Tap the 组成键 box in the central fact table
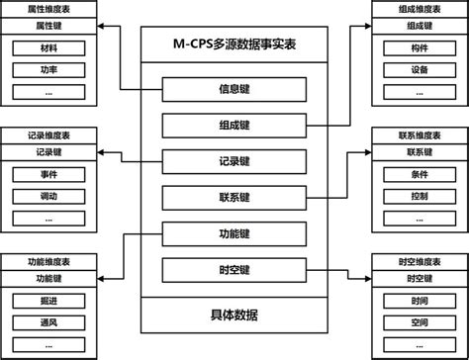click(234, 126)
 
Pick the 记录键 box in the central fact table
click(234, 161)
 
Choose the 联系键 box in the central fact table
click(234, 197)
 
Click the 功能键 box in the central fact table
click(234, 233)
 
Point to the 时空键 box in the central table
click(234, 269)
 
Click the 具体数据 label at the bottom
click(234, 315)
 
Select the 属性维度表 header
click(49, 9)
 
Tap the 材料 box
click(49, 46)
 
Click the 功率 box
click(49, 69)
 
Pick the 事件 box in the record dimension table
click(49, 174)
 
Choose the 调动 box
click(49, 197)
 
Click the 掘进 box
click(49, 302)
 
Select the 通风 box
click(49, 323)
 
